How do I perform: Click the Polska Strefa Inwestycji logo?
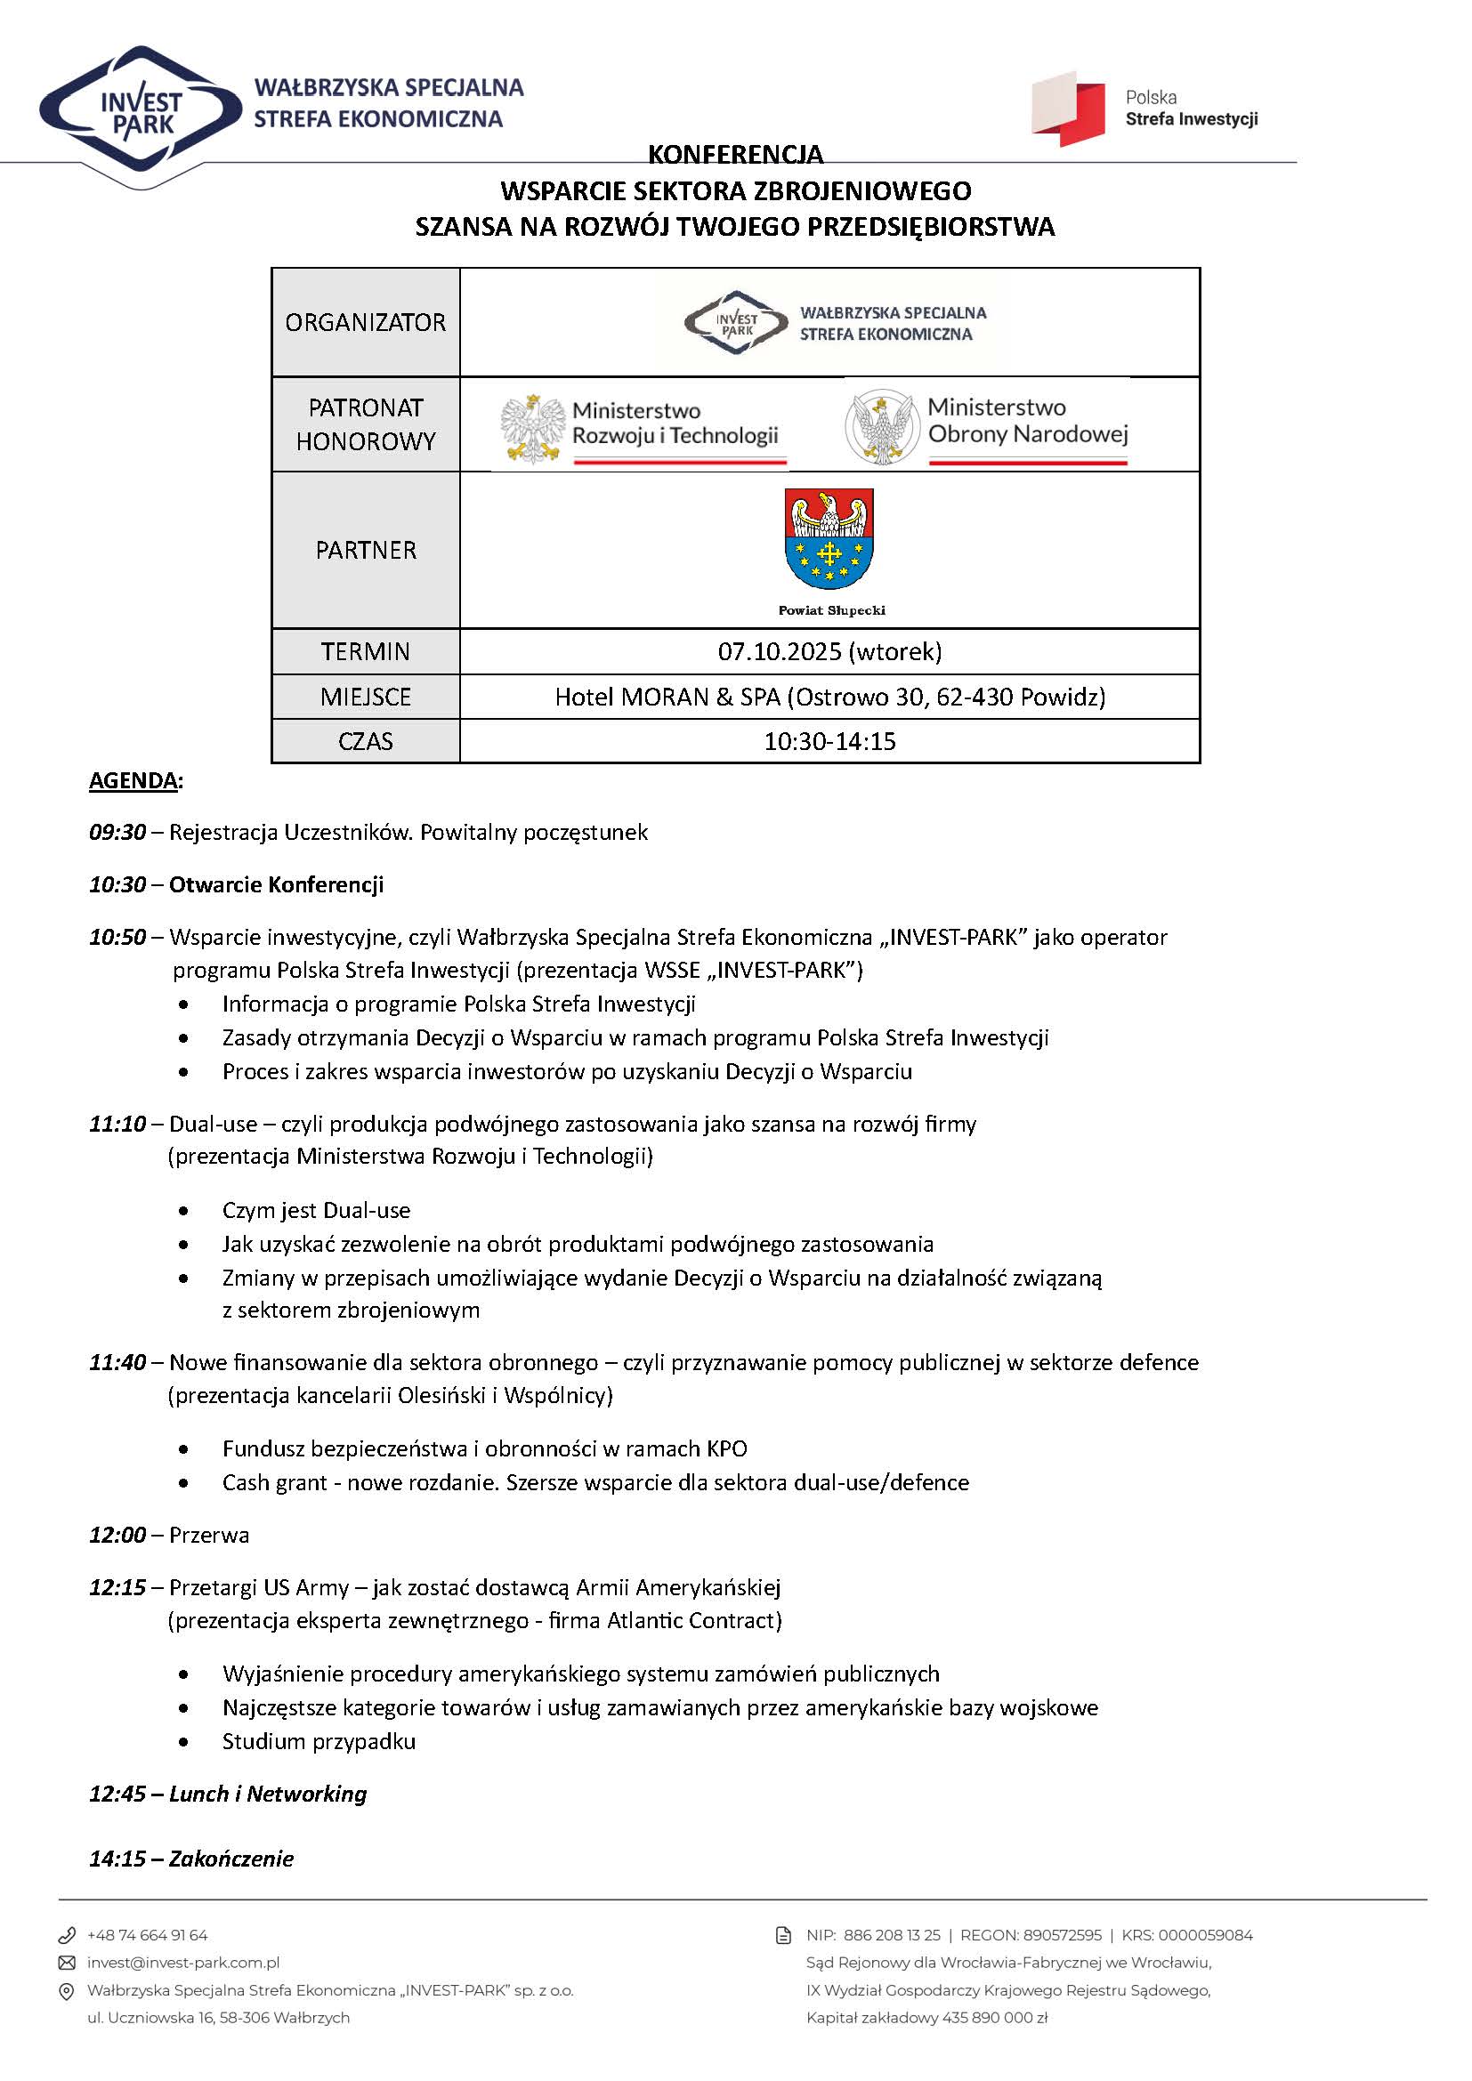[x=1070, y=109]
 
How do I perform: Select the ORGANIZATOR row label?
[x=365, y=323]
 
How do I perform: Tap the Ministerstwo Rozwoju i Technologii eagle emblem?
[x=531, y=428]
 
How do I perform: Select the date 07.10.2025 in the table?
[x=780, y=651]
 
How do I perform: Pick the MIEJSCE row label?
[x=365, y=697]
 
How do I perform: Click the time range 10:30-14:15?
[x=829, y=741]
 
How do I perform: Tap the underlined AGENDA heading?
[x=133, y=780]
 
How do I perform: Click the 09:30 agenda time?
[x=117, y=832]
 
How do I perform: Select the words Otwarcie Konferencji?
[x=277, y=884]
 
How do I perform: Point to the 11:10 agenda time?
[x=117, y=1124]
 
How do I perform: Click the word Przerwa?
[x=209, y=1535]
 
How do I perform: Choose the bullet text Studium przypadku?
[x=319, y=1741]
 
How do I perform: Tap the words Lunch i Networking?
[x=268, y=1794]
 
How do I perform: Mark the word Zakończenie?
[x=231, y=1859]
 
